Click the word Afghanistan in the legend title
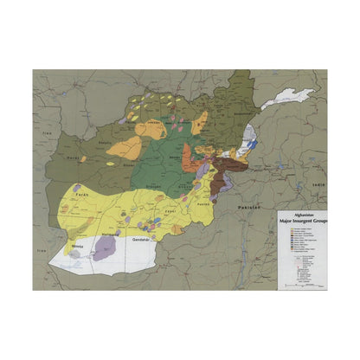pos(297,215)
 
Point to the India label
pos(318,184)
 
